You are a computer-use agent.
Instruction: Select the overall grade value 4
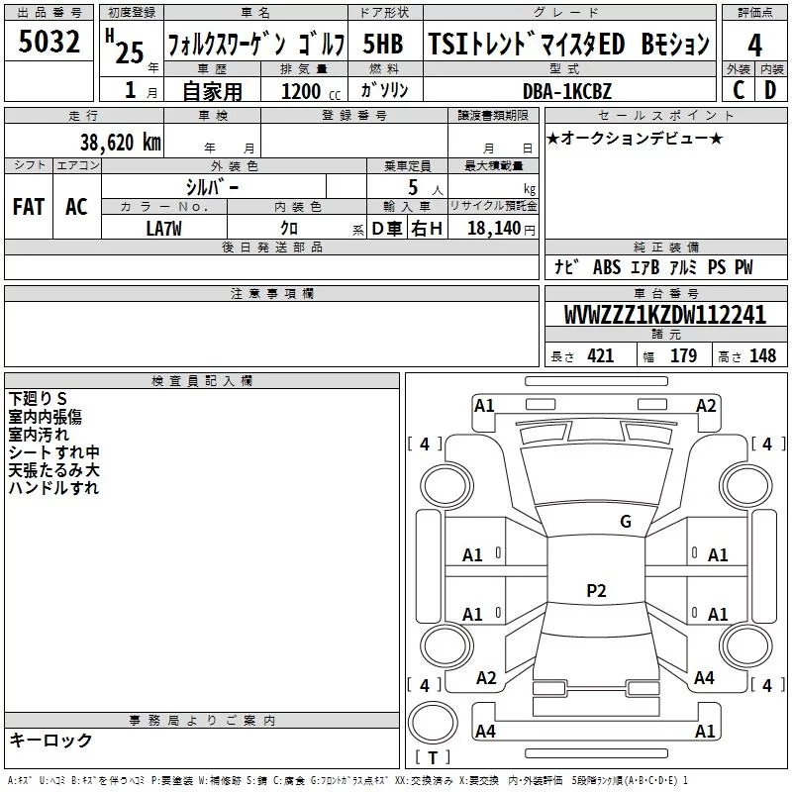click(x=755, y=46)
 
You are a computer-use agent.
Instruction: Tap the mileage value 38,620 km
click(x=118, y=142)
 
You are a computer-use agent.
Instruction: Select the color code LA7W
click(x=163, y=228)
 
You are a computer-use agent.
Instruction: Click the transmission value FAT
click(x=28, y=206)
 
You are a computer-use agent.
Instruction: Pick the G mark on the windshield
click(x=625, y=522)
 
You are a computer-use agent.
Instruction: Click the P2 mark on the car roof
click(x=595, y=591)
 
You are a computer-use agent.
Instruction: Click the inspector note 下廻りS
click(x=38, y=399)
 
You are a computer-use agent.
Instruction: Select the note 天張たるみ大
click(x=53, y=470)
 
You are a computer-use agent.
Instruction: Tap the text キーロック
click(x=50, y=741)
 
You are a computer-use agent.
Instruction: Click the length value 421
click(x=600, y=356)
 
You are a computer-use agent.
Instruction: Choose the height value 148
click(x=762, y=356)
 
